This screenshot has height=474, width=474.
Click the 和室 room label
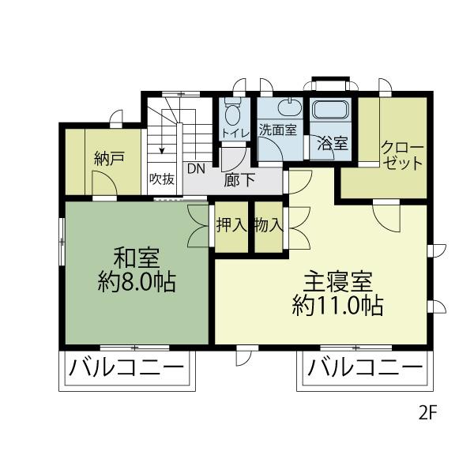[137, 258]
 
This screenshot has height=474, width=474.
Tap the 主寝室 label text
[338, 282]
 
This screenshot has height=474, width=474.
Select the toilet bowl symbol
[233, 113]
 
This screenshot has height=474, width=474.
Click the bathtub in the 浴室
[330, 110]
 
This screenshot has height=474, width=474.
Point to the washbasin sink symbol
[290, 107]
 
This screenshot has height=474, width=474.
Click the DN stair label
[196, 169]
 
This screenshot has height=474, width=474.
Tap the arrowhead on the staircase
[162, 150]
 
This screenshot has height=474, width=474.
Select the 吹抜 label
[162, 179]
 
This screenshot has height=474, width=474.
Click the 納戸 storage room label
[109, 159]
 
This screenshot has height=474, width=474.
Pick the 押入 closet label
[231, 225]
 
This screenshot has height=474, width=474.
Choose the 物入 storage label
[269, 225]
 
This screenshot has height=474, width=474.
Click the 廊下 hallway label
[239, 179]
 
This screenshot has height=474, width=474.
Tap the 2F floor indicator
[427, 412]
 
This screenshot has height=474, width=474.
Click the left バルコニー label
[126, 368]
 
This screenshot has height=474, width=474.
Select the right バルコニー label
[365, 368]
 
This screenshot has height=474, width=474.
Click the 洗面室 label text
[278, 130]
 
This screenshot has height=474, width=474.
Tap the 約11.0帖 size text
[337, 305]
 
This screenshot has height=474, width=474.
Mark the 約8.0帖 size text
[137, 282]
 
